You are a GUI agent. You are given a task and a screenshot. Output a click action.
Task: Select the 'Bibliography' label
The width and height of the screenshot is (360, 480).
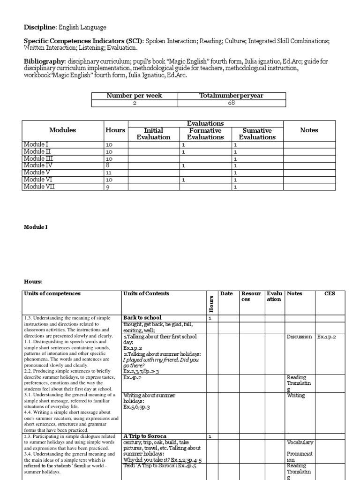coord(44,61)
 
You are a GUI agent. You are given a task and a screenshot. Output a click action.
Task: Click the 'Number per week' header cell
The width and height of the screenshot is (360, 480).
coord(134,96)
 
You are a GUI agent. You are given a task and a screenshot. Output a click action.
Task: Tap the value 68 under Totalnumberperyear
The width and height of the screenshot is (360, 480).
coord(232,103)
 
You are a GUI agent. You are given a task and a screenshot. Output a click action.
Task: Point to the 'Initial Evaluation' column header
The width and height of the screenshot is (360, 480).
coord(153,134)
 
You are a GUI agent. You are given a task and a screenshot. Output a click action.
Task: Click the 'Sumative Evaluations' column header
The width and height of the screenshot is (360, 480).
coord(257,134)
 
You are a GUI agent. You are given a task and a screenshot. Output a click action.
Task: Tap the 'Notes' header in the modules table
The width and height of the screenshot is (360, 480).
coord(309,130)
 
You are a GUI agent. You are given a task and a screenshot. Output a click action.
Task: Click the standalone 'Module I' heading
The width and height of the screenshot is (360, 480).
coord(36,227)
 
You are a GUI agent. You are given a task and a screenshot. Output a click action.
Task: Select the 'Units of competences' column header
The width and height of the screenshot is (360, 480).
coord(52,294)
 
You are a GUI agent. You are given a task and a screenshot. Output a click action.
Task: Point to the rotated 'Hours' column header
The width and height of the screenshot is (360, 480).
coord(211,304)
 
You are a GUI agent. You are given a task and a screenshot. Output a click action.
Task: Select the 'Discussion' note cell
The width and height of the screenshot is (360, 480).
coord(299,337)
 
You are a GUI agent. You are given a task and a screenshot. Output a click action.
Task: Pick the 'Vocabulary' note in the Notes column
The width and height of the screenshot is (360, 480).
coord(300,442)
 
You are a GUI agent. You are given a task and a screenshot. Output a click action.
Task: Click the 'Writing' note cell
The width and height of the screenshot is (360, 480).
coord(296,396)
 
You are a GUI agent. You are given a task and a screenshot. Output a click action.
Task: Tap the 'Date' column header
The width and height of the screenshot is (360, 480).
coord(226,294)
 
